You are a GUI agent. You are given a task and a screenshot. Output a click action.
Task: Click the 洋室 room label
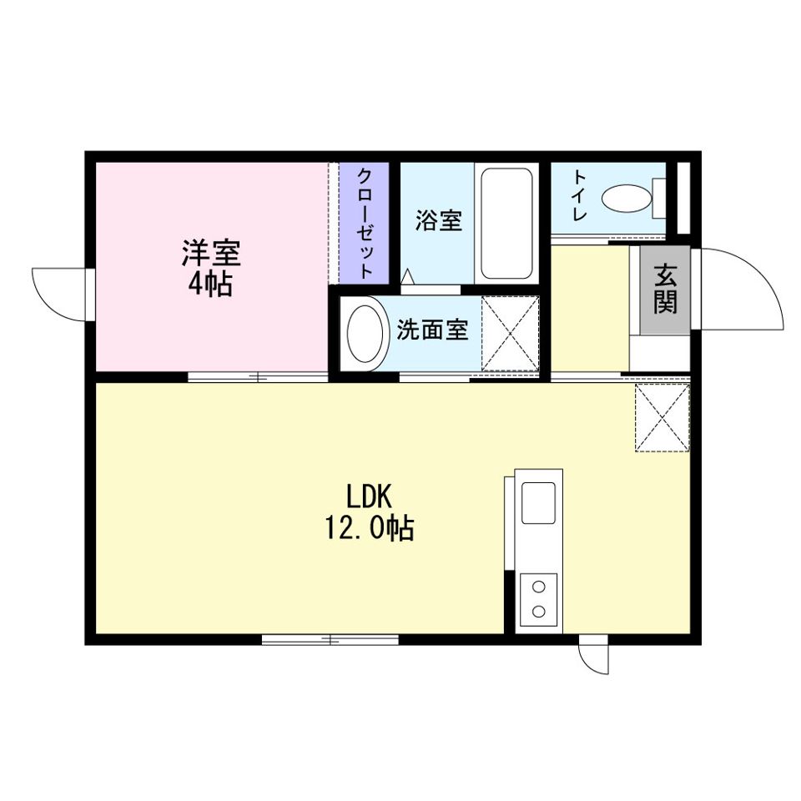(x=211, y=252)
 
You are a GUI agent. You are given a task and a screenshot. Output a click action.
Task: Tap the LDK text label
(x=369, y=496)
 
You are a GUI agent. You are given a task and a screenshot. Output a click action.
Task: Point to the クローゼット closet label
(x=365, y=224)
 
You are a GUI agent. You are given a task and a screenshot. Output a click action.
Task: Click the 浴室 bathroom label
(x=438, y=220)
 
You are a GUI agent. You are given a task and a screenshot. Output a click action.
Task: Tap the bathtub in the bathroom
(x=506, y=224)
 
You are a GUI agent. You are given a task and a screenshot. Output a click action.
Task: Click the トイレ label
(x=579, y=195)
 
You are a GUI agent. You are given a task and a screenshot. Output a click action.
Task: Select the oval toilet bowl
(x=627, y=198)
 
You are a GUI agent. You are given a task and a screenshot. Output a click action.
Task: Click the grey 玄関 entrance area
(x=665, y=290)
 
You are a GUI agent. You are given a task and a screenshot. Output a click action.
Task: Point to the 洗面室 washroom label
(x=432, y=330)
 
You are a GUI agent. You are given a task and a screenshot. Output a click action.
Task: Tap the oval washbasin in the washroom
(x=365, y=334)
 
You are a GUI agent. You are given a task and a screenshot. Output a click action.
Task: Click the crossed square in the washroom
(x=511, y=334)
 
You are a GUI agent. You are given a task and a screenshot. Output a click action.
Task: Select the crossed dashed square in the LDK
(x=662, y=417)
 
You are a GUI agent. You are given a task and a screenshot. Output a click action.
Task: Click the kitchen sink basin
(x=538, y=502)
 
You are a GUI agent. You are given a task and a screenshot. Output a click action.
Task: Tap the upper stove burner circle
(x=538, y=587)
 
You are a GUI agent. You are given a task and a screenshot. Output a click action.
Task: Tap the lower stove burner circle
(x=538, y=611)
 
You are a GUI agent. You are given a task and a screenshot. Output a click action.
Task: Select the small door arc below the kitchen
(x=587, y=663)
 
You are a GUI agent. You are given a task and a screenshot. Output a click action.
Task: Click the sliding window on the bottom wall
(x=330, y=639)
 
